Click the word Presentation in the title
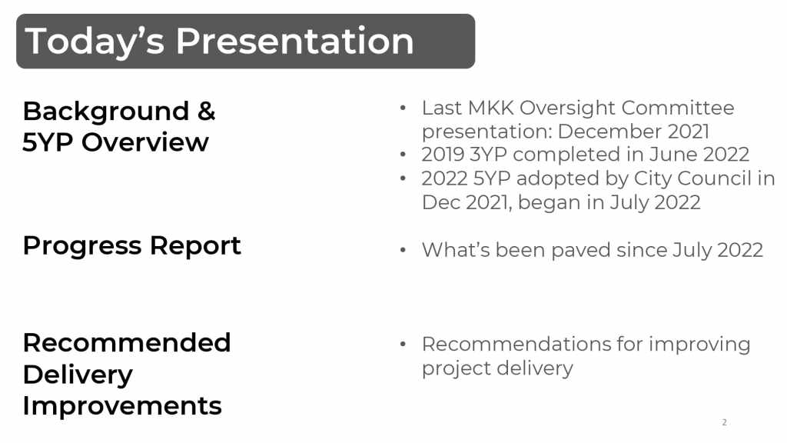294,42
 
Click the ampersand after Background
206,111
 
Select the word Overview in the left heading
145,142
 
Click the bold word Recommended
127,343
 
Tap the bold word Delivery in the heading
78,375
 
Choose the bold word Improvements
122,406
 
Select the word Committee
678,108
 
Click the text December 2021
633,132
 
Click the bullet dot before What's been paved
403,250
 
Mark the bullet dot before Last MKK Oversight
403,108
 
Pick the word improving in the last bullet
699,345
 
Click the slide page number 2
724,422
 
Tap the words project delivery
497,369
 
